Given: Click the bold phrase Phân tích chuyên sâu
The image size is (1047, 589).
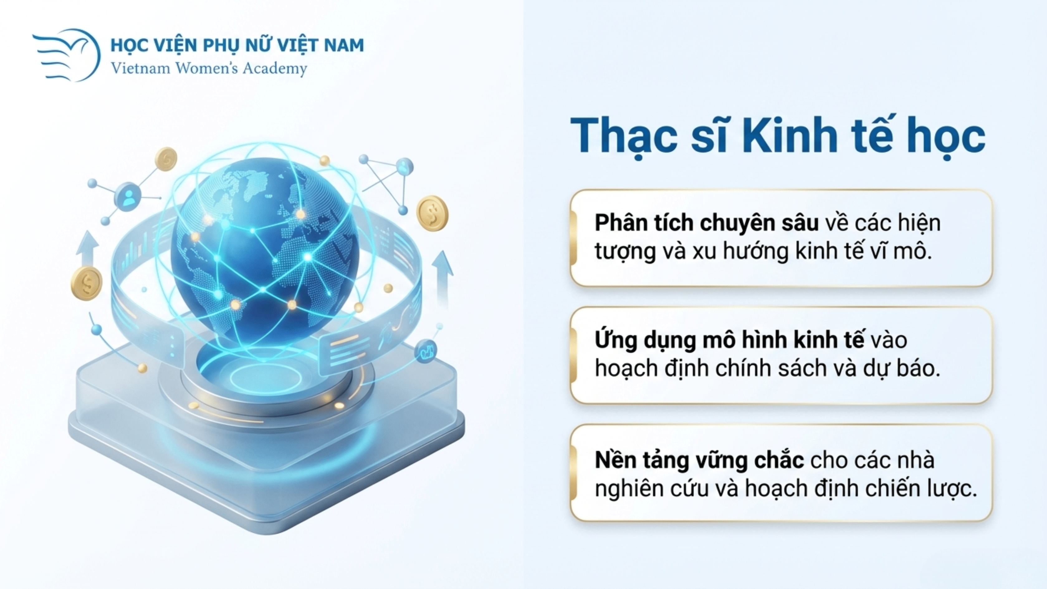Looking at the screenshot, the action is coord(706,223).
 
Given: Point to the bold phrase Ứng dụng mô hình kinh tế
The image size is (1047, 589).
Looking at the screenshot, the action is coord(729,341).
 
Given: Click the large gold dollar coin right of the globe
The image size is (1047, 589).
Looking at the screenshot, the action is coord(433,213).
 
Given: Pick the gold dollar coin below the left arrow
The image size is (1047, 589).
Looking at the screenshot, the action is coord(86,283).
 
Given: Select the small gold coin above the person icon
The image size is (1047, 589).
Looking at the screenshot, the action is coord(166,159).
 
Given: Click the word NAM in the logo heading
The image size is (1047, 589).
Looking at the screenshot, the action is coord(343,45).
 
